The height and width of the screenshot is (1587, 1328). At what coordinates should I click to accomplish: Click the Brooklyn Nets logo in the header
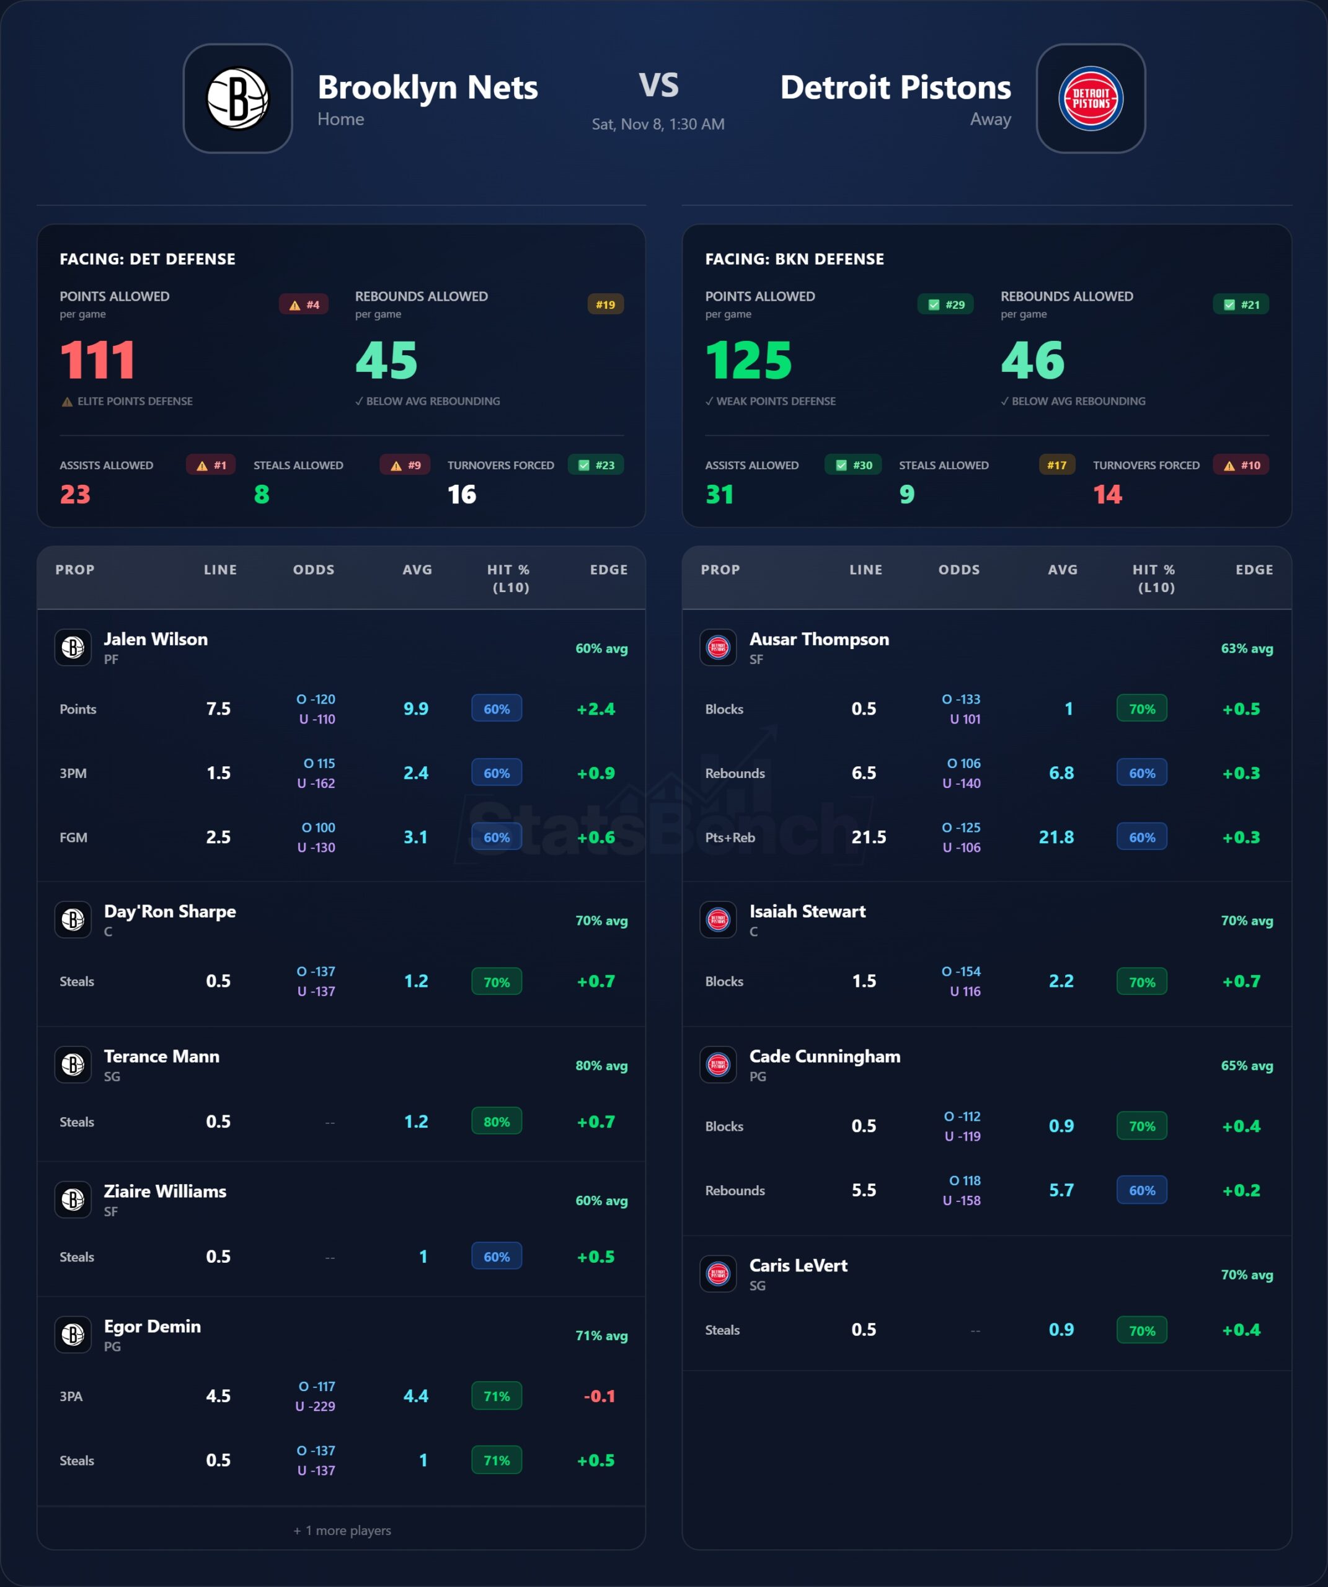click(237, 98)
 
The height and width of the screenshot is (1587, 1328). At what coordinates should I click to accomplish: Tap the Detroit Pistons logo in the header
click(1090, 98)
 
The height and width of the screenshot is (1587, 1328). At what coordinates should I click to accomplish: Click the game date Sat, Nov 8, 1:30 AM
click(658, 124)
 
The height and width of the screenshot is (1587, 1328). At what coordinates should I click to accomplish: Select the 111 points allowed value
click(97, 360)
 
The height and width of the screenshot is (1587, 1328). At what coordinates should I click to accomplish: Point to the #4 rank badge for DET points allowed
click(304, 304)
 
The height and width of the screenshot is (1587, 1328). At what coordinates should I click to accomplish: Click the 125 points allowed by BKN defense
click(748, 360)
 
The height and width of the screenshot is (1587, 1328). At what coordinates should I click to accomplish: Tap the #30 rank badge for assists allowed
click(853, 465)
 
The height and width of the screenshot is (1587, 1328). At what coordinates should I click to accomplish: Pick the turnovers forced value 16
click(462, 494)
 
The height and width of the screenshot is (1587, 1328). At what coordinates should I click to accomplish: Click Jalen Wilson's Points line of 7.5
click(218, 709)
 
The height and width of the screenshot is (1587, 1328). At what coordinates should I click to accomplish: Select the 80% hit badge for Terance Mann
click(497, 1121)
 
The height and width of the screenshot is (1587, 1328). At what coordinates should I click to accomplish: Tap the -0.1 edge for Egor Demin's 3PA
click(599, 1396)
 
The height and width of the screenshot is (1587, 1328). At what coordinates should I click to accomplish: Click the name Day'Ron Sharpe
click(170, 911)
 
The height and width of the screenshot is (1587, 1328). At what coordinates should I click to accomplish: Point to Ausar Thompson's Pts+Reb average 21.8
click(1056, 838)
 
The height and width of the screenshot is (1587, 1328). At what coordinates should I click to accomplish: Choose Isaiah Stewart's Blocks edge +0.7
click(1241, 981)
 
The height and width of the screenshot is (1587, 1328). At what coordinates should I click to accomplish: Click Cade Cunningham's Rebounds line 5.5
click(864, 1190)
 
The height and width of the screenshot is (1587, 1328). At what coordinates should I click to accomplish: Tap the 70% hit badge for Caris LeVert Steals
click(1141, 1330)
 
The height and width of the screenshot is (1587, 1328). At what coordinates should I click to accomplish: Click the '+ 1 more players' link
click(342, 1531)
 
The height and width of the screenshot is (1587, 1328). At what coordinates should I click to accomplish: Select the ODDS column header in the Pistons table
click(959, 570)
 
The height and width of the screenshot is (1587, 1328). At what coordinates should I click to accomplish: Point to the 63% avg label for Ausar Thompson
click(1246, 648)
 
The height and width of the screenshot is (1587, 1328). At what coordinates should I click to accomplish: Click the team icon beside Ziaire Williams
click(73, 1200)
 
